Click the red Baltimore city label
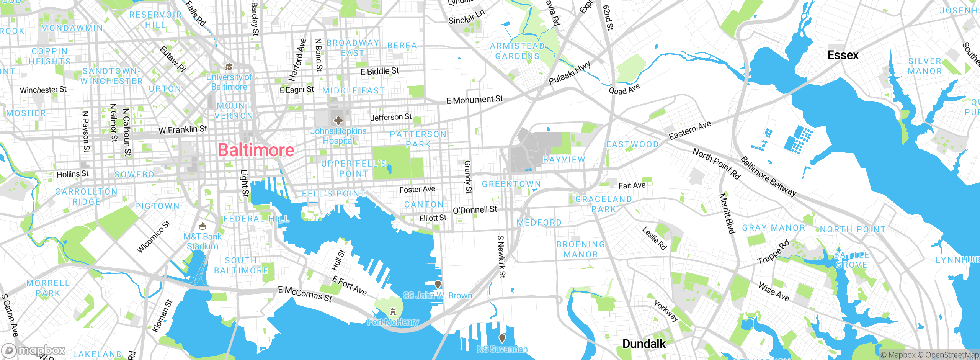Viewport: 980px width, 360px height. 256,150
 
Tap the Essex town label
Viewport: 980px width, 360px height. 843,55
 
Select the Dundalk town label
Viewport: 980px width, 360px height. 644,344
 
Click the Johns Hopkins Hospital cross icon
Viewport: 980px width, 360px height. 338,121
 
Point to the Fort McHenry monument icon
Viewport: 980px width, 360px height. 393,311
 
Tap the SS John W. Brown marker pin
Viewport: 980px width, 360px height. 438,285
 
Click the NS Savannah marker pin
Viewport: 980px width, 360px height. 502,338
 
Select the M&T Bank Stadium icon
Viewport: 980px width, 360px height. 203,226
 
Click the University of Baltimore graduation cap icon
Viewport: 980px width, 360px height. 229,67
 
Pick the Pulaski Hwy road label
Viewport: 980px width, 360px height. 569,73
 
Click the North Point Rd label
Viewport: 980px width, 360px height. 716,164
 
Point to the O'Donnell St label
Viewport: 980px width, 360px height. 475,210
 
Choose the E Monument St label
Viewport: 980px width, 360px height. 475,100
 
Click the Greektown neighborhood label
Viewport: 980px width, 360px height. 511,184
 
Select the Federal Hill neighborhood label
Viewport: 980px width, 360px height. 256,219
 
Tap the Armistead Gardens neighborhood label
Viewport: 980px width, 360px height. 517,51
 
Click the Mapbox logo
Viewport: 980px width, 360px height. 34,350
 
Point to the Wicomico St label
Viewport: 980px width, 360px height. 153,237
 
